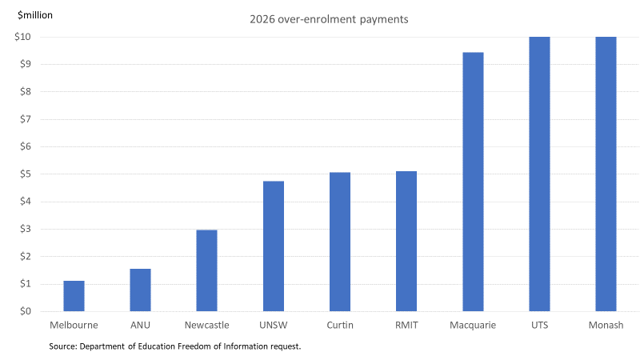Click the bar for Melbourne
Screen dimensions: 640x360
coord(74,296)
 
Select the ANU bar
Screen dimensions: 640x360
coord(141,290)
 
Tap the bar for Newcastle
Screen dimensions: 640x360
coord(207,270)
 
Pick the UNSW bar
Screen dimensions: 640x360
coord(274,246)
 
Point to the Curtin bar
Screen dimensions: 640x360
coord(340,242)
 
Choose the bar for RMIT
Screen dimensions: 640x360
coord(406,242)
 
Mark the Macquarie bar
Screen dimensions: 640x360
coord(473,182)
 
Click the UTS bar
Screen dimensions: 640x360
coord(539,174)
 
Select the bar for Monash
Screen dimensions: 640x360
coord(606,174)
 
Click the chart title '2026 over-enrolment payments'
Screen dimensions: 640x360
coord(329,19)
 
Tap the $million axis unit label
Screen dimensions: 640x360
coord(35,15)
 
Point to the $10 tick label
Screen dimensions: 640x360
coord(22,37)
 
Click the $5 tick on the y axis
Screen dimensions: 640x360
coord(26,174)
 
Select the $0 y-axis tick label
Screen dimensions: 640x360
coord(26,311)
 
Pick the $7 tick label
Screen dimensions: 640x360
coord(26,119)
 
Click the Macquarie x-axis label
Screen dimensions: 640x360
coord(473,326)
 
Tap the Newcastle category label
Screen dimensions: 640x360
coord(207,326)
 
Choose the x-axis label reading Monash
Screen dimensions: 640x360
coord(606,326)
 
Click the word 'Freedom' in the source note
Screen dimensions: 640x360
coord(194,346)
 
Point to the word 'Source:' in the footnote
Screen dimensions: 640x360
coord(63,346)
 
